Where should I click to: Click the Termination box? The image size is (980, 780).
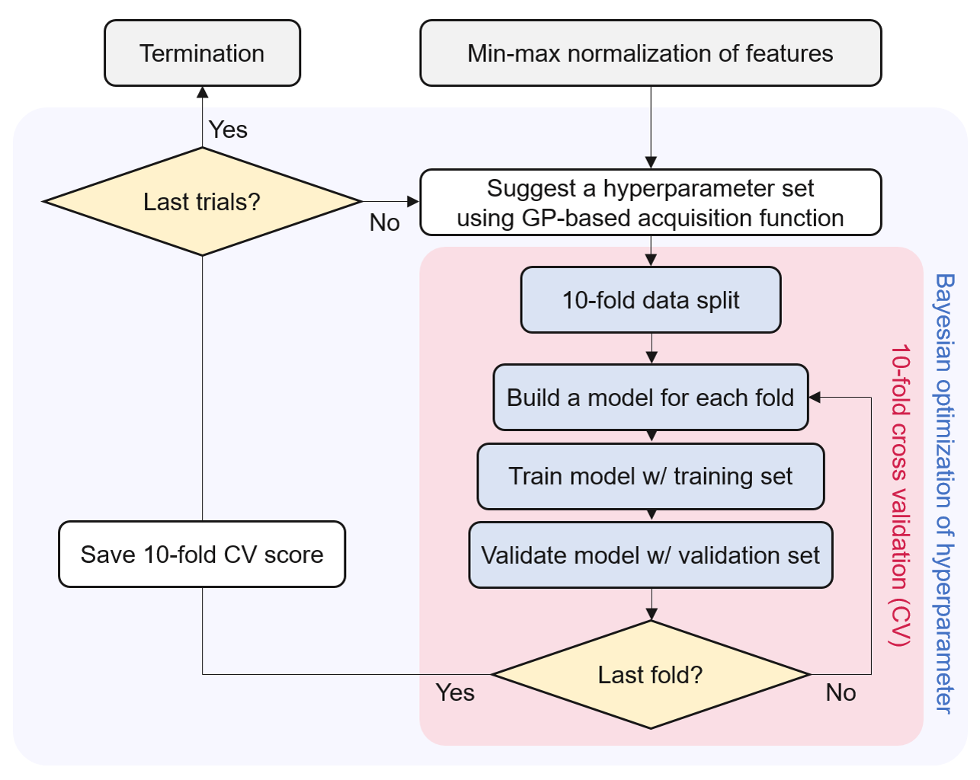point(202,53)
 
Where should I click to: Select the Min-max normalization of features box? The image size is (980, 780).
point(651,53)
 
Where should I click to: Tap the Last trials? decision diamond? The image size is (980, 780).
point(202,201)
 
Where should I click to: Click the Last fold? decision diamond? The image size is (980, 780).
point(651,674)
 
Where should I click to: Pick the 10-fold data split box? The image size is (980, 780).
point(651,300)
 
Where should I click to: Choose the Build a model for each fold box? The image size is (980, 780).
point(651,397)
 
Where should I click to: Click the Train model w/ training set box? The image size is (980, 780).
point(651,476)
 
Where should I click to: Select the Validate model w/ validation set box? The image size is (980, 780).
point(651,555)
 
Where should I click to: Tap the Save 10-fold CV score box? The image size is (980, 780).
point(202,555)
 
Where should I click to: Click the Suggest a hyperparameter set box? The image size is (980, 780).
point(651,202)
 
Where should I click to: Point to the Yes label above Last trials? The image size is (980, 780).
point(228,129)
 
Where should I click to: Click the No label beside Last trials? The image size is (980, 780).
point(385,222)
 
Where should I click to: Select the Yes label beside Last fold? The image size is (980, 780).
point(455,692)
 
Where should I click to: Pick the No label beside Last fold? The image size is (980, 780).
point(841,692)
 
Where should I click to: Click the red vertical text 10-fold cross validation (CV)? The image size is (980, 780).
point(900,495)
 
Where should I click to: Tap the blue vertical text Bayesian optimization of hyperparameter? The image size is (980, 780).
point(944,494)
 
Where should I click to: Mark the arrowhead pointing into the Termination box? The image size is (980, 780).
point(202,92)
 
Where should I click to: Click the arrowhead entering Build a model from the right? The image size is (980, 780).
point(815,397)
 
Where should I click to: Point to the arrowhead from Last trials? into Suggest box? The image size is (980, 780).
point(413,201)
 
